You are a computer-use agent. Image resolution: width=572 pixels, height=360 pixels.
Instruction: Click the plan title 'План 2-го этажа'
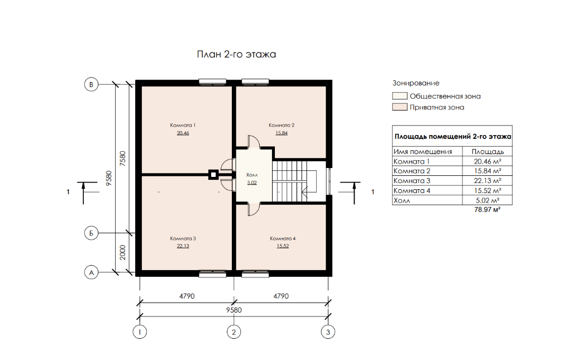click(x=236, y=54)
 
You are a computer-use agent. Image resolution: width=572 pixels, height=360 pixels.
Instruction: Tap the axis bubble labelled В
click(x=91, y=84)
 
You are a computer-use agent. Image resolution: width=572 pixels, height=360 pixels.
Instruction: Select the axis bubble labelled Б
click(x=91, y=233)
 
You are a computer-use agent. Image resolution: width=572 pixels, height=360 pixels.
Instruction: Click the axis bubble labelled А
click(x=91, y=272)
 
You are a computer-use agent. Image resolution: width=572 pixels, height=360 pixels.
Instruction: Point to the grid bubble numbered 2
click(x=234, y=332)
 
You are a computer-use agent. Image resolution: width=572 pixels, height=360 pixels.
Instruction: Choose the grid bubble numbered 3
click(x=328, y=332)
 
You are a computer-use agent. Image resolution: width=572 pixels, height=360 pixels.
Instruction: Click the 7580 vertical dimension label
click(x=122, y=159)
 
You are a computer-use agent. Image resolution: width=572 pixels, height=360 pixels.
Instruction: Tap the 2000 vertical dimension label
click(x=122, y=252)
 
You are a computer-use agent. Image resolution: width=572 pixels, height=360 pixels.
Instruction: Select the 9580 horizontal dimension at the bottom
click(x=234, y=310)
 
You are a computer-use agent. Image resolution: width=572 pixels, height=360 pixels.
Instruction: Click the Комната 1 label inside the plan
click(x=183, y=125)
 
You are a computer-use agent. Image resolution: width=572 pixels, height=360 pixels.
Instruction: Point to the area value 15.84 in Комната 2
click(x=282, y=133)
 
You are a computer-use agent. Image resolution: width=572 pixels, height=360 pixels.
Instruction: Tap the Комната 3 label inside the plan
click(x=183, y=238)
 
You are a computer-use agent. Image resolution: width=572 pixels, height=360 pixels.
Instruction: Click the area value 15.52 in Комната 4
click(x=283, y=246)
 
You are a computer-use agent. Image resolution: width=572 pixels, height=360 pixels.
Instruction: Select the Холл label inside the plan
click(x=252, y=175)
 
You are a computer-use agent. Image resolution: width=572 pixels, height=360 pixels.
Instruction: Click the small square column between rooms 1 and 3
click(x=213, y=175)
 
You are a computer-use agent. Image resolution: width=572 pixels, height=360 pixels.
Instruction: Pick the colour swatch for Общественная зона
click(x=400, y=96)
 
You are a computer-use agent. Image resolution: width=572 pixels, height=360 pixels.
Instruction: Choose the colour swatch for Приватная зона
click(x=400, y=107)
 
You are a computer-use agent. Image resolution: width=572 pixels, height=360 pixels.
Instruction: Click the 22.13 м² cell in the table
click(x=487, y=180)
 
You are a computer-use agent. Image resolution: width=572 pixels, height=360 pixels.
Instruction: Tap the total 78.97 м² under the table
click(x=487, y=209)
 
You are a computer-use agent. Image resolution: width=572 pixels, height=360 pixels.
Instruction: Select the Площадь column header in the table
click(x=487, y=152)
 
